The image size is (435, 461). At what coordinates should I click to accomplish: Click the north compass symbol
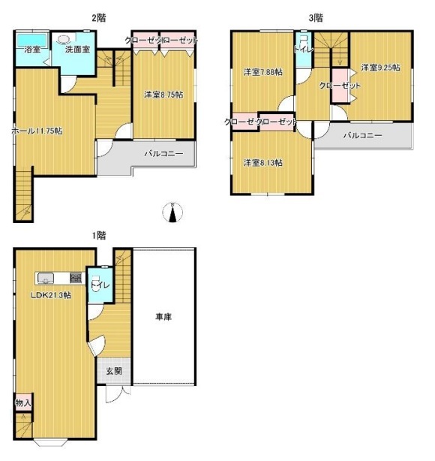172,212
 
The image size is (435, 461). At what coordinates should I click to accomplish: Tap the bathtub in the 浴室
31,41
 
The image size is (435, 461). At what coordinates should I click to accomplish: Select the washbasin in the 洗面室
62,39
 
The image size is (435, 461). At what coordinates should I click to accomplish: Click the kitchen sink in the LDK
46,278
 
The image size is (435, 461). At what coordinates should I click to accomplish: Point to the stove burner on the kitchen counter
76,278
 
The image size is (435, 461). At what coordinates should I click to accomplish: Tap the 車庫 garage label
163,317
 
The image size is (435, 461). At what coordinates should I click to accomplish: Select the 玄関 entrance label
114,371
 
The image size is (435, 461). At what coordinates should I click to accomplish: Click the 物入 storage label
23,402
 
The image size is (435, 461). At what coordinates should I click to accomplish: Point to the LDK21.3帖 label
51,295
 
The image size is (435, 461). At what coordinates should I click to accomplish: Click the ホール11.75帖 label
37,131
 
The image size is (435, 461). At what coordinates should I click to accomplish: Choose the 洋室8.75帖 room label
163,95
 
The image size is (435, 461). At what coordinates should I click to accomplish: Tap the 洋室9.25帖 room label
380,68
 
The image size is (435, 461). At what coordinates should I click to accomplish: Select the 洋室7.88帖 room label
263,72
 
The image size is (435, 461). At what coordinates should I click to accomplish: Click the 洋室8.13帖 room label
263,163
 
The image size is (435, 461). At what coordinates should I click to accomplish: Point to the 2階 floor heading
99,18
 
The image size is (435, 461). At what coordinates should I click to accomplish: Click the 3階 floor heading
316,18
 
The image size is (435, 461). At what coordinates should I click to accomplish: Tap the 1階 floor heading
99,236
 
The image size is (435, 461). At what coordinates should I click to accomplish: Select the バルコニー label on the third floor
363,135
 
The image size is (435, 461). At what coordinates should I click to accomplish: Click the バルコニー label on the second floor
163,153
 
